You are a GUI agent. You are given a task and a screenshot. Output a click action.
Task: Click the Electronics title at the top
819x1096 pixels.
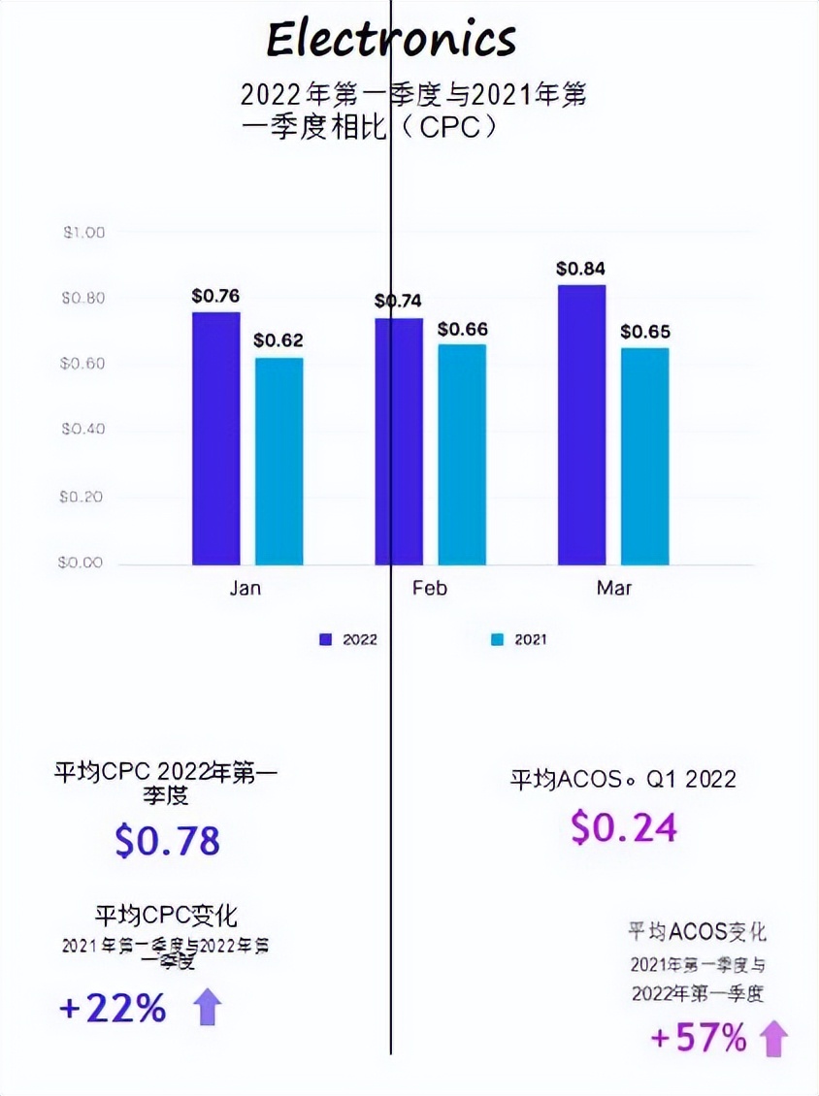coord(391,40)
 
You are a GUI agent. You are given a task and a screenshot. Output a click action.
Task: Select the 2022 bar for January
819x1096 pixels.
coord(215,437)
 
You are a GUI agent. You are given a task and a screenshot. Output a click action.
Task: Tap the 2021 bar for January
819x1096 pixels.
coord(278,461)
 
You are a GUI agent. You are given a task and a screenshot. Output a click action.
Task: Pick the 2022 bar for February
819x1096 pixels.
coord(399,440)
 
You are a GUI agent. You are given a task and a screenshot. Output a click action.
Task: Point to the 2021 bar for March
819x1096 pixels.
coord(645,456)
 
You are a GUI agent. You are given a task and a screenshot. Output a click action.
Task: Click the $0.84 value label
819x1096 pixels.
coord(580,269)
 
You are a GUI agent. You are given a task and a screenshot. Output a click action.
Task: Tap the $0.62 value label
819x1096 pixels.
coord(278,340)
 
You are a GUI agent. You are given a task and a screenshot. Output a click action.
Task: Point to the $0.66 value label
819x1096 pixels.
coord(462,330)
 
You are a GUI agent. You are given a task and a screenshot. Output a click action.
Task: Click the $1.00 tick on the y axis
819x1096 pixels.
coord(83,233)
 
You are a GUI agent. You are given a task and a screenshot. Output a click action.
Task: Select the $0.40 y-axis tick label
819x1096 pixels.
coord(83,430)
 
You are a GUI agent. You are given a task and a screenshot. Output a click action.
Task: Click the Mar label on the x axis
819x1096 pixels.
coord(614,589)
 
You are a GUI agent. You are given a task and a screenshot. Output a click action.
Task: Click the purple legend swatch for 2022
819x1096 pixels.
coord(326,639)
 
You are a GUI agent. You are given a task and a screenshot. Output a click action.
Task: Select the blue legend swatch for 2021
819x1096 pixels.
coord(498,639)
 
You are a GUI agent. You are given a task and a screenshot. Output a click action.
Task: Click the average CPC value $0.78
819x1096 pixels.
coord(167,841)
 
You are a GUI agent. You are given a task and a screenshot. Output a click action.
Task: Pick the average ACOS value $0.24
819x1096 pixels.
coord(623,827)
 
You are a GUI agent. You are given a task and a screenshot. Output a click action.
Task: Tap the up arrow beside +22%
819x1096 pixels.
coord(208,1009)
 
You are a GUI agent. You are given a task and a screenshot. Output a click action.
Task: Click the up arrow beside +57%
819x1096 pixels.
coord(773,1039)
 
